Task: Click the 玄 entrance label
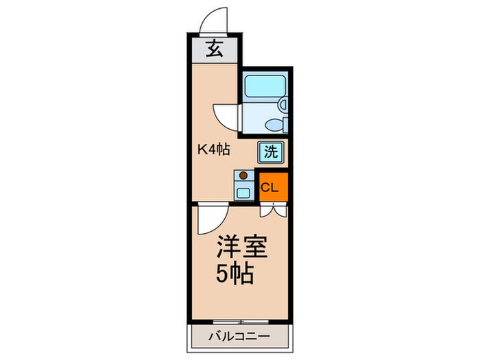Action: pos(215,49)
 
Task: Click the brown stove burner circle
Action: pos(243,175)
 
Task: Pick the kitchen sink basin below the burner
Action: pos(243,191)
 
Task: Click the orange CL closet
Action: pos(272,187)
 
